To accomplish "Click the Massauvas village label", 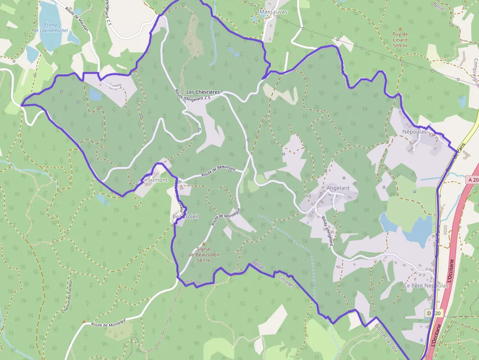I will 273,11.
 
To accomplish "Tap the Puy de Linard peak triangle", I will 400,29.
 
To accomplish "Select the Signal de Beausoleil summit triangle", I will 204,243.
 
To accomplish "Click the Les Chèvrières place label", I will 203,92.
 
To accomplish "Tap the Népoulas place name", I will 414,132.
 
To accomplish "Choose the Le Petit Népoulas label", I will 426,285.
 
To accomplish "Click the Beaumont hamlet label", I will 155,180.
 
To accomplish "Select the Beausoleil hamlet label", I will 185,216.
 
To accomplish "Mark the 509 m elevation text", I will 400,45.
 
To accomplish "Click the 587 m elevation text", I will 203,260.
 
